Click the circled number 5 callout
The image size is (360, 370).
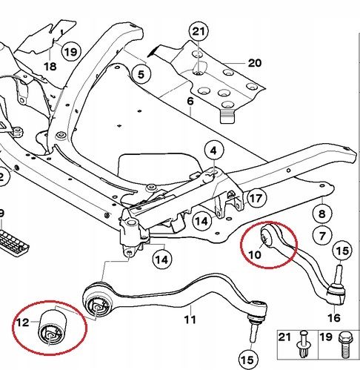(141, 74)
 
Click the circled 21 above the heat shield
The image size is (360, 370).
(199, 31)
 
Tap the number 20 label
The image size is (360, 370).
(255, 63)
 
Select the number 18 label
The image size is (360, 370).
(50, 66)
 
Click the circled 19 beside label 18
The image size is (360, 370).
(71, 52)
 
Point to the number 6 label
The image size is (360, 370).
(190, 101)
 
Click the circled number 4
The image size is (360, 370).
(214, 151)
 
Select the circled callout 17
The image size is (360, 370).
(256, 198)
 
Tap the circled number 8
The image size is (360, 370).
(322, 214)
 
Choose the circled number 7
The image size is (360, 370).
(322, 236)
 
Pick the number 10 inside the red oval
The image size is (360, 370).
(255, 254)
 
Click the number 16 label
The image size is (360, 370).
(334, 317)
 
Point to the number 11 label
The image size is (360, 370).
(190, 320)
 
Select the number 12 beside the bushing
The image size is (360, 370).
(23, 323)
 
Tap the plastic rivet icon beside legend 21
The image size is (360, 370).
(304, 344)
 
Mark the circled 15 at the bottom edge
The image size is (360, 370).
(248, 360)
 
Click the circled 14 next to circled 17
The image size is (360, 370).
(202, 221)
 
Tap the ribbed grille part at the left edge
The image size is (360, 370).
(13, 242)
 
